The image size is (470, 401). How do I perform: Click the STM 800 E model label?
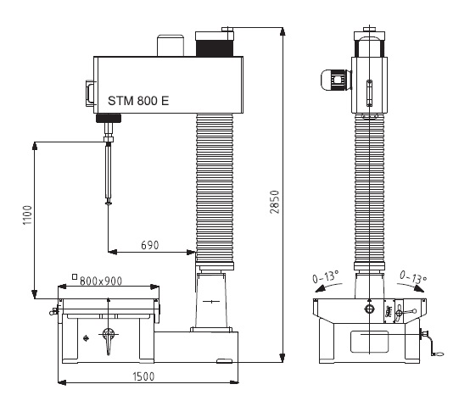point(138,101)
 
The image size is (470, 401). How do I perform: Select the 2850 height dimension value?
point(275,202)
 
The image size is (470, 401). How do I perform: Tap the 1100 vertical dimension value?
point(27,215)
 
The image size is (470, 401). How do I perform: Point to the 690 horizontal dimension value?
point(150,245)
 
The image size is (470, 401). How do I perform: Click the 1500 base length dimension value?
point(143,376)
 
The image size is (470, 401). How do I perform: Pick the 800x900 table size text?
point(101,281)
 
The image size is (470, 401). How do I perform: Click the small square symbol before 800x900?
point(75,276)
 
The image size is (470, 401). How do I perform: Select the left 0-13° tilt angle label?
point(326,276)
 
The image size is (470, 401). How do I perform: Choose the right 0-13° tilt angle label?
point(413,277)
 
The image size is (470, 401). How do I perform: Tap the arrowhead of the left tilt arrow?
point(320,288)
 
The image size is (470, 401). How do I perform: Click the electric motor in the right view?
point(336,80)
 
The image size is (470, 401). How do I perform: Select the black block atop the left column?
point(215,48)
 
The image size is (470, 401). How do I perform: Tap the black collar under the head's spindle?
point(109,118)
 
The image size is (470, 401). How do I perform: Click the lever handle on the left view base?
point(109,340)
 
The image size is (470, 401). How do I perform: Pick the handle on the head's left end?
point(90,93)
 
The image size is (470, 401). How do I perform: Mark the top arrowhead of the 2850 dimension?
point(282,31)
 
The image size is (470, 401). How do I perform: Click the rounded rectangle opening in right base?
point(369,342)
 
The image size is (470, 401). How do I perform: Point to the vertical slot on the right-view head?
point(369,93)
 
